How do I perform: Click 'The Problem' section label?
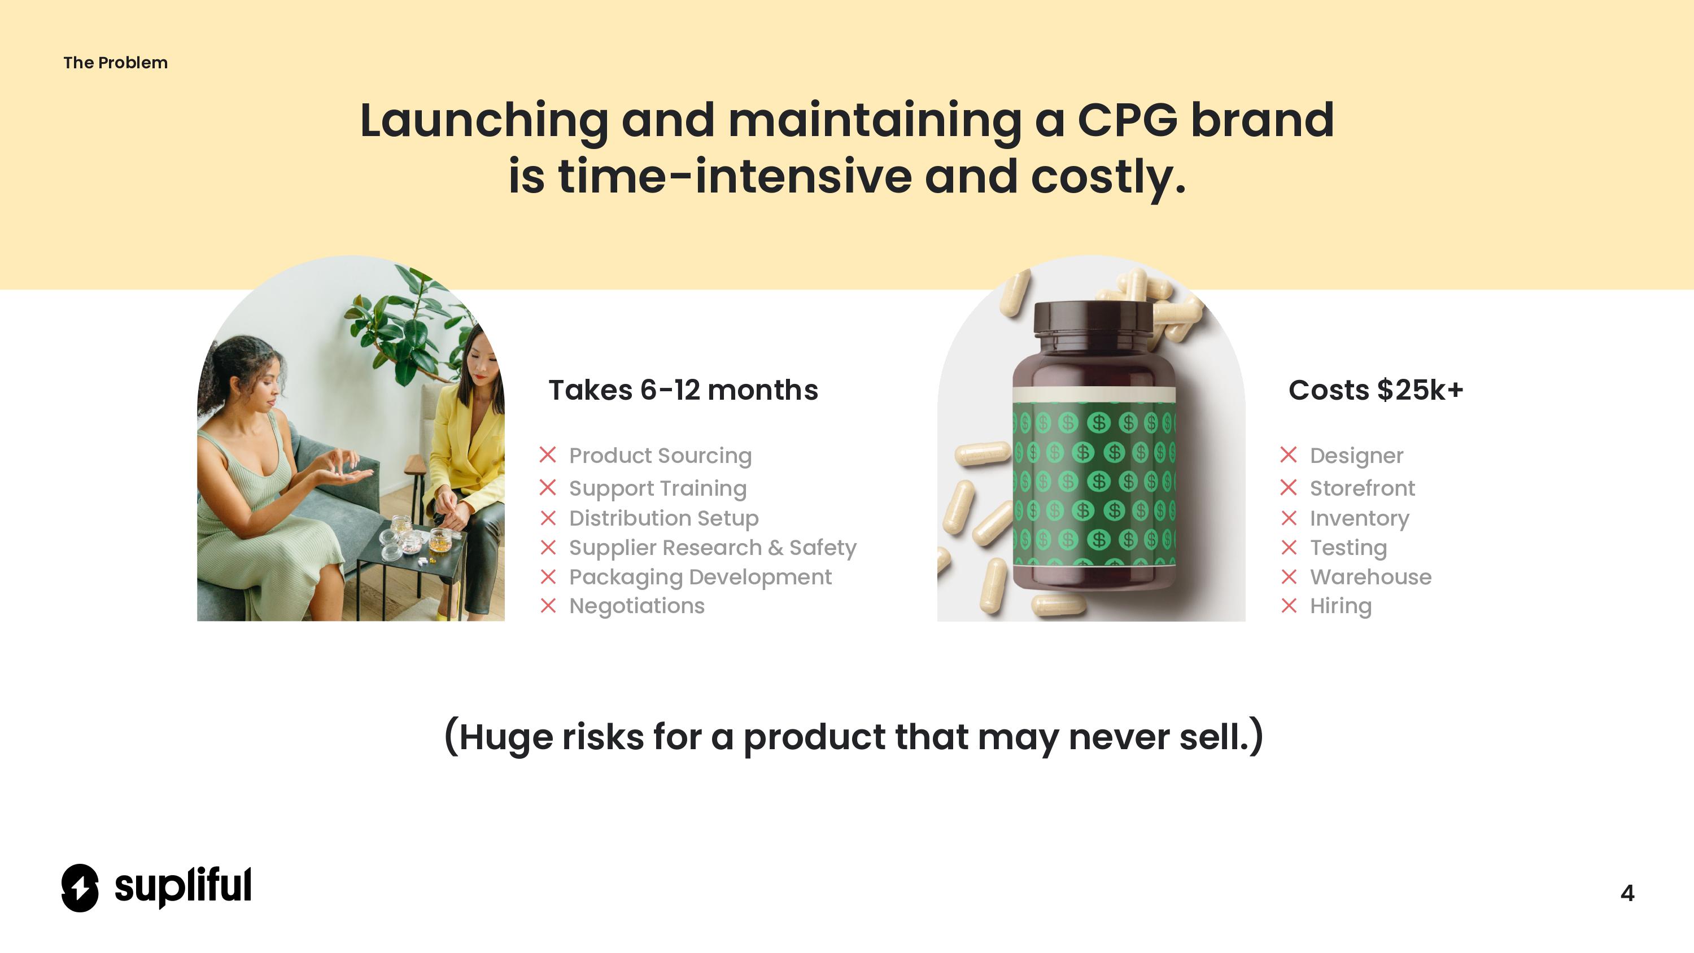coord(115,63)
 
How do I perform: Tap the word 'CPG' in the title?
coord(1127,120)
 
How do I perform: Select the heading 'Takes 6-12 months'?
coord(683,390)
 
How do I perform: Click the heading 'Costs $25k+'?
coord(1376,390)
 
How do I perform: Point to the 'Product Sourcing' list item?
coord(660,455)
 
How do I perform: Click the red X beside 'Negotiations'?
coord(548,606)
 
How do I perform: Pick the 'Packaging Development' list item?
coord(700,577)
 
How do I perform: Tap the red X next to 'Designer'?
coord(1289,454)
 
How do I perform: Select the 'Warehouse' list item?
coord(1370,577)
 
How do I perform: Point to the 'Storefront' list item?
coord(1362,488)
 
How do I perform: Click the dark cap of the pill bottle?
coord(1093,318)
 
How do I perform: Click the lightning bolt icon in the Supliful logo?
coord(80,888)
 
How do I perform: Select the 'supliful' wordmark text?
coord(183,886)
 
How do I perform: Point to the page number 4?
coord(1627,893)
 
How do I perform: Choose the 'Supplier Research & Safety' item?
coord(713,547)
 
